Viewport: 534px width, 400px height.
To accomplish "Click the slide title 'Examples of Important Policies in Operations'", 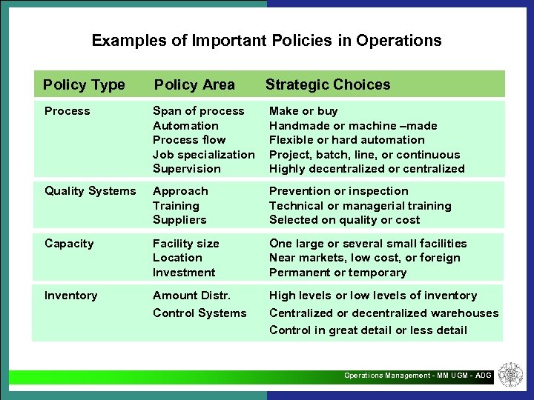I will pyautogui.click(x=266, y=41).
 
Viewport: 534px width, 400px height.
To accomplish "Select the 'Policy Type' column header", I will pyautogui.click(x=84, y=84).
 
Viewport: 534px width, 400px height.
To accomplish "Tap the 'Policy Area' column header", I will pyautogui.click(x=194, y=84).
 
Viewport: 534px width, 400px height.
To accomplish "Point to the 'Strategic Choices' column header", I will pyautogui.click(x=328, y=84).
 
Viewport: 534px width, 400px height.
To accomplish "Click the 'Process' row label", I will pyautogui.click(x=67, y=111).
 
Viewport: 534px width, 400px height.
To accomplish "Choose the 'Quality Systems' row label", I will pyautogui.click(x=90, y=191).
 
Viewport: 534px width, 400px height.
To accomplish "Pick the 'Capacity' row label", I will pyautogui.click(x=69, y=244).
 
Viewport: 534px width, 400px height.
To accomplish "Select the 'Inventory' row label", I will pyautogui.click(x=70, y=296).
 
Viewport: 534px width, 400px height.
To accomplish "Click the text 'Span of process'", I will pyautogui.click(x=198, y=111).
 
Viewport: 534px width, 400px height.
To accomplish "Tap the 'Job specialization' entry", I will pyautogui.click(x=203, y=154).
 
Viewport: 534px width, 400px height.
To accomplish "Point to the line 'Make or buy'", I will pyautogui.click(x=303, y=111).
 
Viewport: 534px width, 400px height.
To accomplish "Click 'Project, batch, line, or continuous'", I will pyautogui.click(x=364, y=154).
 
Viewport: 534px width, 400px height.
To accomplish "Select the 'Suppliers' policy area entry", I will pyautogui.click(x=179, y=220).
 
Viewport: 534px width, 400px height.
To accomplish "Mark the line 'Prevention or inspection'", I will pyautogui.click(x=338, y=191).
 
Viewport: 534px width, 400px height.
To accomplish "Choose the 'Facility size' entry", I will pyautogui.click(x=185, y=244).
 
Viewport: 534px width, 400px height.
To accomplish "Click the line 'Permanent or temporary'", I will pyautogui.click(x=337, y=272).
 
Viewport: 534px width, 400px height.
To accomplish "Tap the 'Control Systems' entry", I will pyautogui.click(x=200, y=313).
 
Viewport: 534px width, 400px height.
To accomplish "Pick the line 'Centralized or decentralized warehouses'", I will pyautogui.click(x=383, y=313).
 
